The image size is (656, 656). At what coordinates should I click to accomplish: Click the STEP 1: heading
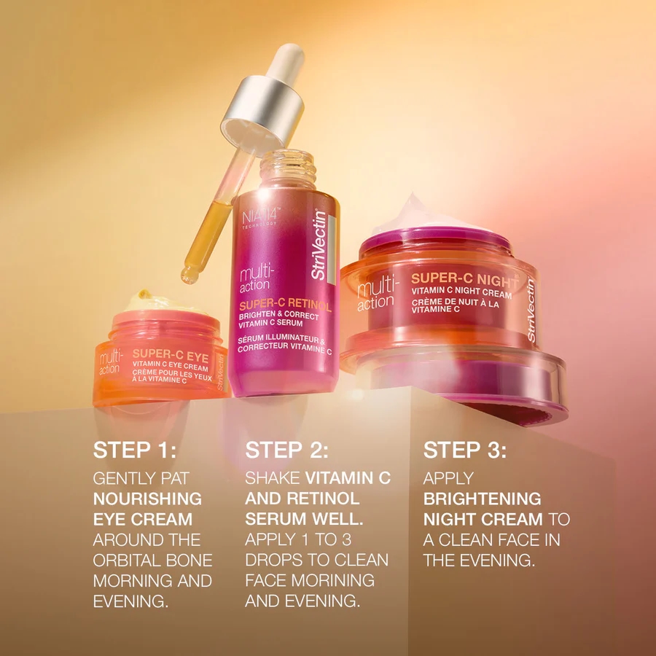[135, 450]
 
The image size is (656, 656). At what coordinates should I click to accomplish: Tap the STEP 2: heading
[286, 450]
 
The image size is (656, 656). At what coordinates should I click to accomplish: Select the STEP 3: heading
[465, 450]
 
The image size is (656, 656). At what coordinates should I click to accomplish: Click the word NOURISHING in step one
[147, 499]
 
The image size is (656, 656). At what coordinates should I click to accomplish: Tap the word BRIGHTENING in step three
[483, 499]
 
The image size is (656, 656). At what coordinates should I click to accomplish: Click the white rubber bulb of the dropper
[286, 60]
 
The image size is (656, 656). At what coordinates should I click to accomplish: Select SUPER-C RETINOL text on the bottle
[285, 305]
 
